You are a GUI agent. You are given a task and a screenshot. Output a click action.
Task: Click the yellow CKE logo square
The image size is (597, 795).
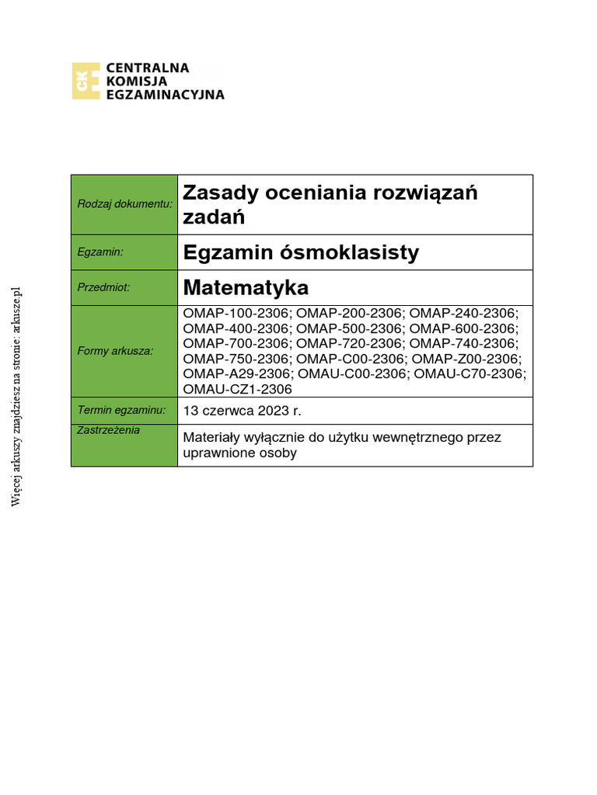pos(86,81)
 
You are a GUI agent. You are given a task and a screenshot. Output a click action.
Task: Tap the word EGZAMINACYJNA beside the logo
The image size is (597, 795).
pos(166,95)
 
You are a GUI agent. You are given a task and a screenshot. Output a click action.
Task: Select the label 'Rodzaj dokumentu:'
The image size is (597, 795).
pos(124,203)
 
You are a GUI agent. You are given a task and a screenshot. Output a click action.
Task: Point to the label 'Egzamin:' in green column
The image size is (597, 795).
pos(102,252)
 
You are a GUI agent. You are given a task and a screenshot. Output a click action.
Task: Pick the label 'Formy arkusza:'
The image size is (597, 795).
pos(115,351)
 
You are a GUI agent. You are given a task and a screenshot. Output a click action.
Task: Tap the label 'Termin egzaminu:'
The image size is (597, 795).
pos(121,409)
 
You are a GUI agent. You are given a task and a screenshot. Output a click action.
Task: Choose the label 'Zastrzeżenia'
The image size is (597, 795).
pos(109,430)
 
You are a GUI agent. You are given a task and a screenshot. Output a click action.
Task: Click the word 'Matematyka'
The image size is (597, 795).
pos(246,287)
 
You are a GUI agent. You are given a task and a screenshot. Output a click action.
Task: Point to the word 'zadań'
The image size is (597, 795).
pos(213,217)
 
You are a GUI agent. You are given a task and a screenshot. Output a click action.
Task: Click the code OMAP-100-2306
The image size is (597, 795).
pos(236,314)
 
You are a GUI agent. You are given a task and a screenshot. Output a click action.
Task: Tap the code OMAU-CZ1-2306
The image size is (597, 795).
pos(237,389)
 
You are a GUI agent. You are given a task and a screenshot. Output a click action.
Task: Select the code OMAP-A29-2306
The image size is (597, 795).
pos(237,374)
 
